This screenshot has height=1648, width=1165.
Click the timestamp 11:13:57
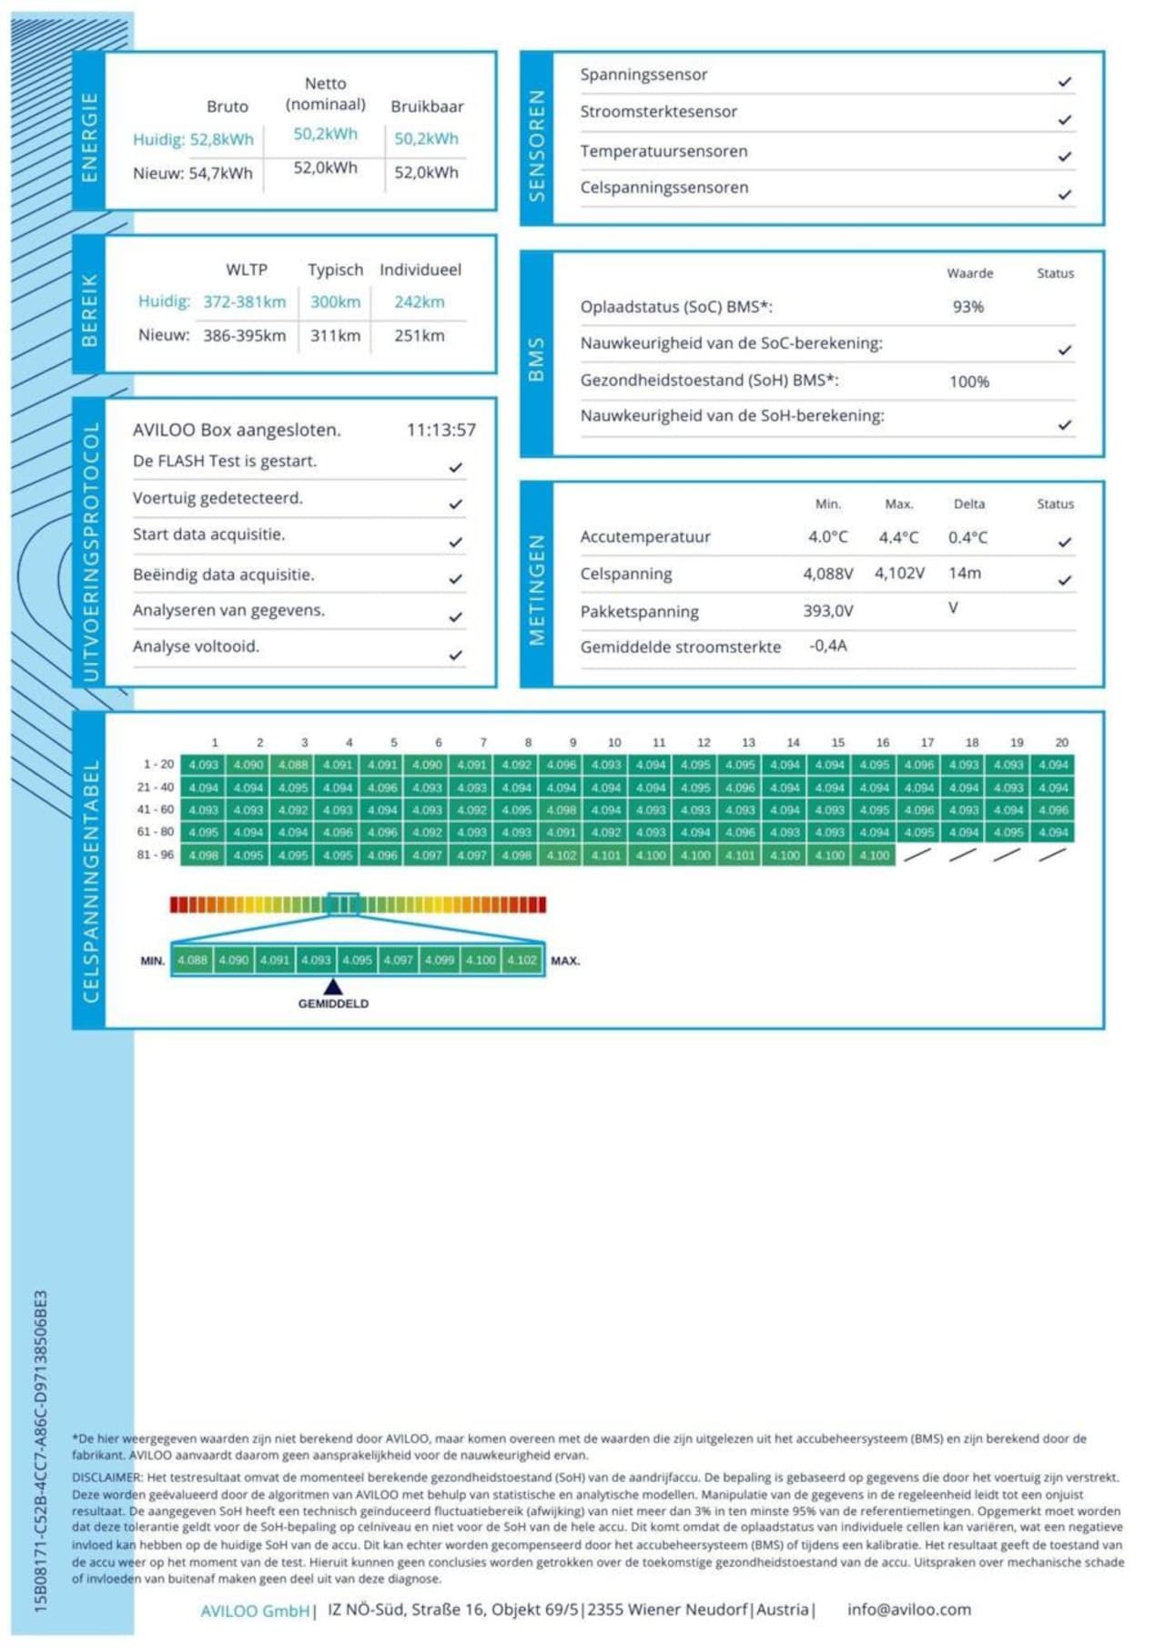coord(441,430)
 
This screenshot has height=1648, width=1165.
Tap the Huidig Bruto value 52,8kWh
coord(221,139)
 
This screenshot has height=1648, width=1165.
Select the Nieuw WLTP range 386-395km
coord(244,335)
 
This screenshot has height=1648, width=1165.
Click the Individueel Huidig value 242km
coord(419,301)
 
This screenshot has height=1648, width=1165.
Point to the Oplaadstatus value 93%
coord(967,307)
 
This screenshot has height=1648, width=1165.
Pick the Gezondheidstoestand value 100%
coord(968,381)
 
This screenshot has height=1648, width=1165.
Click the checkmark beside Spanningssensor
coord(1065,82)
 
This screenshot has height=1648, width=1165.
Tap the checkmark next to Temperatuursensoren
coord(1065,157)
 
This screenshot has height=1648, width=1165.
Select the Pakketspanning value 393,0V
coord(827,611)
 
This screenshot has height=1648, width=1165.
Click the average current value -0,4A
coord(827,646)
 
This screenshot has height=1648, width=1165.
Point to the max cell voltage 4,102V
coord(899,574)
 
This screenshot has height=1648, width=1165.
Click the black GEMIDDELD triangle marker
coord(333,986)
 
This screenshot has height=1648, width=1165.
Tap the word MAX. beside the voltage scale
coord(564,961)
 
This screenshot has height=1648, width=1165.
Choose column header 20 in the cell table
coord(1061,742)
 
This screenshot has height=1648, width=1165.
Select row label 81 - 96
coord(155,855)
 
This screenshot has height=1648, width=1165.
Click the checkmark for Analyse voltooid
coord(455,655)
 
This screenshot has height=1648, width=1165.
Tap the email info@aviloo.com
coord(908,1609)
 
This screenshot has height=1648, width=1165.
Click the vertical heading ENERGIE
coord(89,137)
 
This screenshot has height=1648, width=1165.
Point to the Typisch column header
coord(335,270)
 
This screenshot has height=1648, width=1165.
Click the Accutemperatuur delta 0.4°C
coord(967,537)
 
